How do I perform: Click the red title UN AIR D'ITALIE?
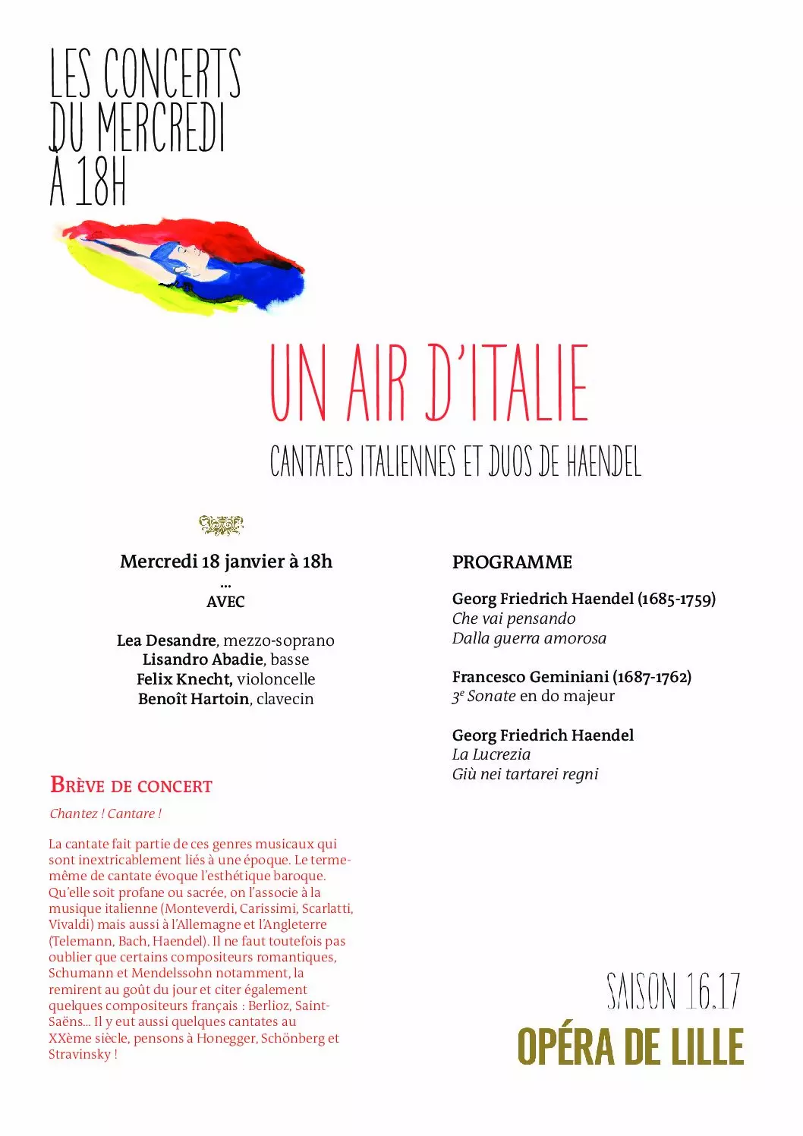(429, 383)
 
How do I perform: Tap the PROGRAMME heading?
(512, 562)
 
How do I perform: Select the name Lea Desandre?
(166, 640)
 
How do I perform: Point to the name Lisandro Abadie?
(203, 659)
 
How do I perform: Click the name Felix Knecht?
(184, 679)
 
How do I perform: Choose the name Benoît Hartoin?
(194, 699)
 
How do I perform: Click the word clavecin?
(285, 699)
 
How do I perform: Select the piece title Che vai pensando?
(514, 618)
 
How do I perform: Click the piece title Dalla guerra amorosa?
(529, 638)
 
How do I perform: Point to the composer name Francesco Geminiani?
(531, 676)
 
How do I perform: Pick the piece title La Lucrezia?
(491, 754)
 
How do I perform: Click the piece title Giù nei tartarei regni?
(525, 774)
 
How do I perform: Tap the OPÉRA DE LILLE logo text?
(630, 1047)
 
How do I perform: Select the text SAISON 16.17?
(673, 991)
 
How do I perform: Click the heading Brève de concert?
(131, 785)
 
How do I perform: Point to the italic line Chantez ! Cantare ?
(105, 813)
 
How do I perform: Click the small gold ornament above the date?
(221, 524)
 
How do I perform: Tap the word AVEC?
(225, 602)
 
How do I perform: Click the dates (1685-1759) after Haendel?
(676, 599)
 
